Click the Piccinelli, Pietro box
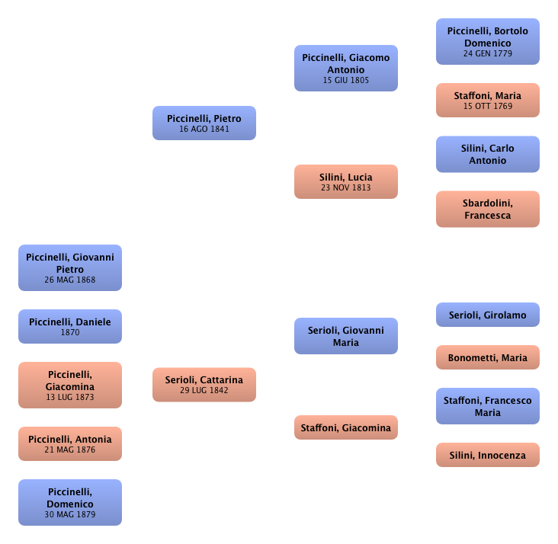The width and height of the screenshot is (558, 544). tap(204, 123)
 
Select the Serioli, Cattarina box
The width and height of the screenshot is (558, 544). tap(204, 384)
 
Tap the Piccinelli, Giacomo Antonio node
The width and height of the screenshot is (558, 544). tap(345, 68)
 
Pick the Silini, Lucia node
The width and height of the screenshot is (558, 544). tap(345, 181)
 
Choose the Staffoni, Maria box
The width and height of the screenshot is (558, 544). tap(487, 100)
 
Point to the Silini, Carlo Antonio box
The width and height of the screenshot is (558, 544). tap(487, 154)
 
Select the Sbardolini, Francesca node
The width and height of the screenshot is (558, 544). tap(487, 209)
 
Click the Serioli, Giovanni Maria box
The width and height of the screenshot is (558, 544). tap(345, 336)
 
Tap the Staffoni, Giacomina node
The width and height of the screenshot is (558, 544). tap(345, 427)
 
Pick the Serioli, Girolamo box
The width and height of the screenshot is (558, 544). tap(487, 315)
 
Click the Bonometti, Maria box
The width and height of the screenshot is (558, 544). tap(487, 357)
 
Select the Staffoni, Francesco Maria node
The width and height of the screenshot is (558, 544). tap(487, 406)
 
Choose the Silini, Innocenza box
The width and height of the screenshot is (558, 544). tap(487, 455)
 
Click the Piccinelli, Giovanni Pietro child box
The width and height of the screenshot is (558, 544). tap(70, 267)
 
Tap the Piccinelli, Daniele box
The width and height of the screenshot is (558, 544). tap(70, 326)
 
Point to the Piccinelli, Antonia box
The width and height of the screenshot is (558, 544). tap(70, 443)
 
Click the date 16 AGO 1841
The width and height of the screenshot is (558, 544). tap(204, 130)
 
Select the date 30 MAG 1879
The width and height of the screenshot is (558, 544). tap(70, 515)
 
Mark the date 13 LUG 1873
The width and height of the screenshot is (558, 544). tap(70, 397)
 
